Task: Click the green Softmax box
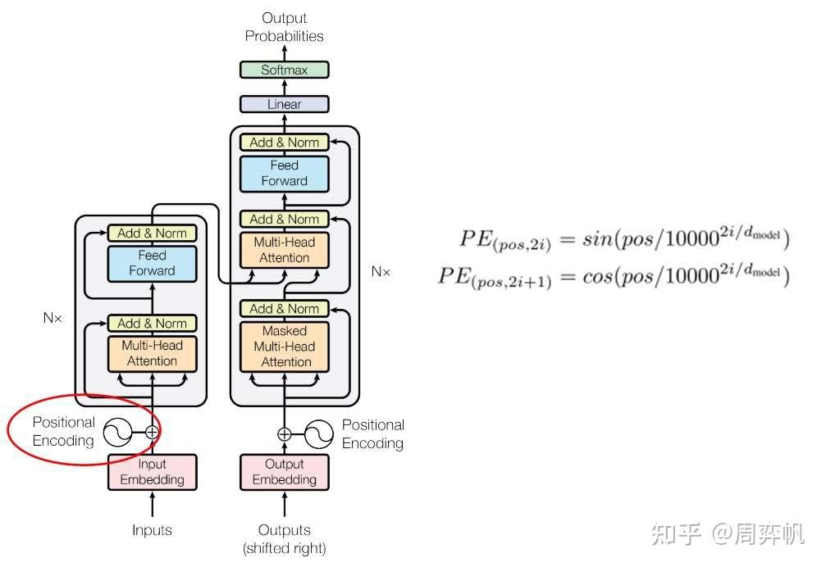tap(284, 70)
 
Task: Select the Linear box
tap(284, 104)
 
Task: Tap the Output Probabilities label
tap(284, 27)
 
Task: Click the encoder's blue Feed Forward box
tap(152, 262)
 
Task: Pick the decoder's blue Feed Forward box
tap(284, 173)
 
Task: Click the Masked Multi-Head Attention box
tap(284, 346)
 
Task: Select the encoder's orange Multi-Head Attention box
tap(152, 353)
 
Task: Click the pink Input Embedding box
tap(152, 472)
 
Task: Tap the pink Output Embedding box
tap(284, 472)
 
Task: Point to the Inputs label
tap(152, 530)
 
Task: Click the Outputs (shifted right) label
tap(284, 538)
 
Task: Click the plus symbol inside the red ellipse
tap(152, 431)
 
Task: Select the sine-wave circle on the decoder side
tap(318, 433)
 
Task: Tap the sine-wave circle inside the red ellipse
tap(118, 431)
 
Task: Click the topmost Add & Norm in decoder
tap(284, 142)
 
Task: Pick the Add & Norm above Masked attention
tap(284, 308)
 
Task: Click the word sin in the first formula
tap(596, 239)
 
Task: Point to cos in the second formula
tap(596, 277)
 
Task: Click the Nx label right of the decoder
tap(380, 271)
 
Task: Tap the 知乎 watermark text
tap(676, 534)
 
